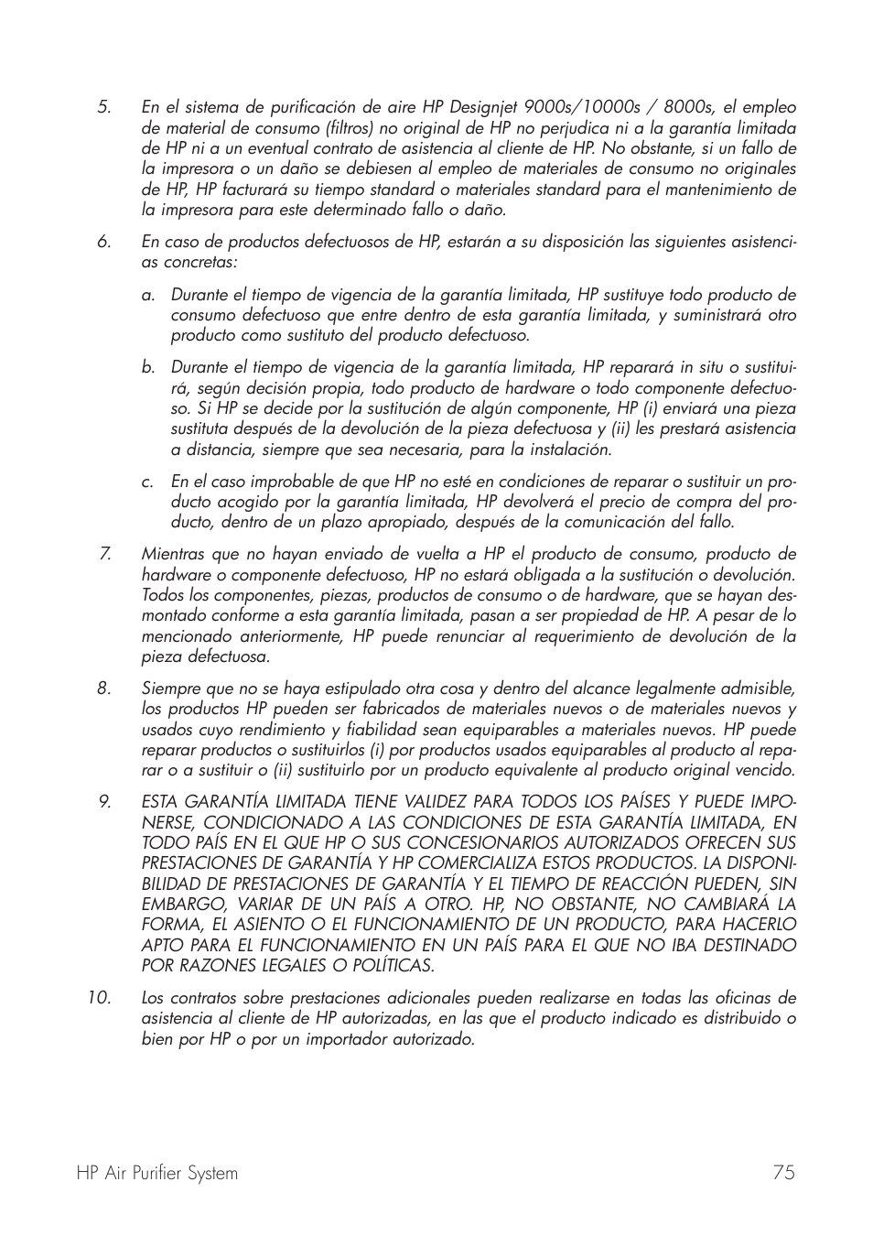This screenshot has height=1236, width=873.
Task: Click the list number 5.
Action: [103, 108]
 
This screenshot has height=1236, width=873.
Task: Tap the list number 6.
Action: [103, 243]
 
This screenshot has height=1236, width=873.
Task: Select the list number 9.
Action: [104, 802]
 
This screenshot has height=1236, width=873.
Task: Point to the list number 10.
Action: [99, 999]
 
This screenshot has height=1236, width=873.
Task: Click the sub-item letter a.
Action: [147, 296]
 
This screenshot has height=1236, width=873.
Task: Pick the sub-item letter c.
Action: [147, 482]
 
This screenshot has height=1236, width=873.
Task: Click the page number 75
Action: [783, 1173]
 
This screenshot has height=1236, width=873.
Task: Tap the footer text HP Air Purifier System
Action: [157, 1174]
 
